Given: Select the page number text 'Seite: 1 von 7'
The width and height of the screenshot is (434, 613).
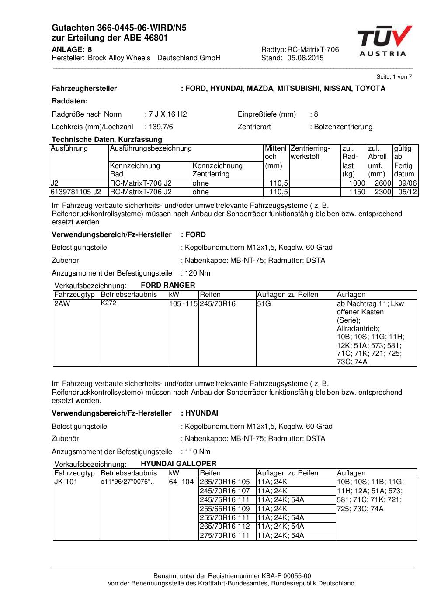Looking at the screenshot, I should [x=394, y=77].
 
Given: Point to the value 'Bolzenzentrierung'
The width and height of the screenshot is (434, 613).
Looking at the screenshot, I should [x=343, y=127].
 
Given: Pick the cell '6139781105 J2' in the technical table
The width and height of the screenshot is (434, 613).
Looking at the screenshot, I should [x=76, y=192].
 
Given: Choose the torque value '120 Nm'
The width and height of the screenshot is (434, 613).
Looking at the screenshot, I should [x=198, y=273].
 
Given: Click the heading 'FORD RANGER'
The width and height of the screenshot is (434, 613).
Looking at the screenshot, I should [x=168, y=286].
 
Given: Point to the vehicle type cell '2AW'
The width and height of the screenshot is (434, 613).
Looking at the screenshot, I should [x=62, y=303].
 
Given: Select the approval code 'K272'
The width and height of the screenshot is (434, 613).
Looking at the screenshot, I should [x=108, y=303].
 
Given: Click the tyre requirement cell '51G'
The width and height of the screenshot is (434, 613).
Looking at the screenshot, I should [x=264, y=303].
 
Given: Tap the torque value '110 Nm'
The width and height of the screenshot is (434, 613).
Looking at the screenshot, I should [x=198, y=452].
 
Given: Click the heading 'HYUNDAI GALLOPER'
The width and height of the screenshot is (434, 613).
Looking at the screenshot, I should [x=178, y=464].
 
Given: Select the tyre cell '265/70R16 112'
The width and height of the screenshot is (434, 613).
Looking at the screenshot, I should [x=225, y=527].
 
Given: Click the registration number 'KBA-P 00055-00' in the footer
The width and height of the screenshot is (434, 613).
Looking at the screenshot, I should [x=287, y=576].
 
